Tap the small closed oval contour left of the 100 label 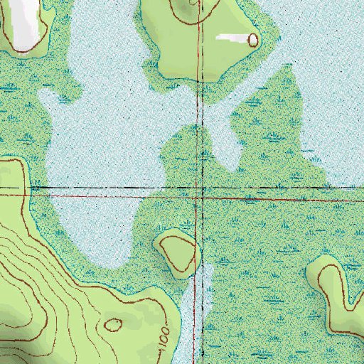coord(114,325)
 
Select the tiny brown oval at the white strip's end coord(253,40)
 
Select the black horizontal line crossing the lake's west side coord(85,188)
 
